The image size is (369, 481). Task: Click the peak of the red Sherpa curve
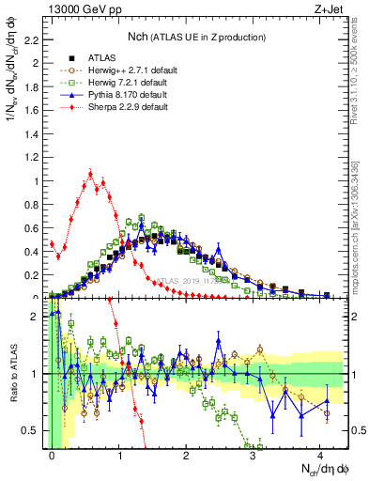tap(90, 173)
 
